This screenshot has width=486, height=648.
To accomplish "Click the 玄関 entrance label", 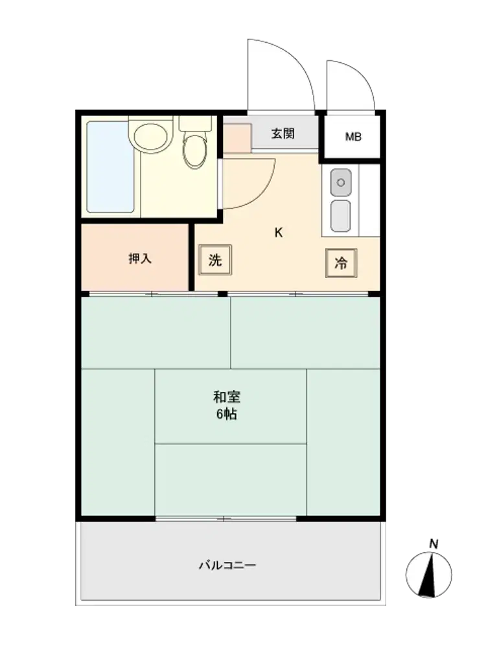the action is (283, 133).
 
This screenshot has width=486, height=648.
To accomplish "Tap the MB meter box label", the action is (353, 137).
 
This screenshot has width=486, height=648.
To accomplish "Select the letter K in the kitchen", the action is (279, 233).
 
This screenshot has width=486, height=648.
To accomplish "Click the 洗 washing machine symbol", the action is (215, 260).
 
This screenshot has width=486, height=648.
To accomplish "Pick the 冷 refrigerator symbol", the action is (341, 263).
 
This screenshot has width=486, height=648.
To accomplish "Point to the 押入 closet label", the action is (140, 259).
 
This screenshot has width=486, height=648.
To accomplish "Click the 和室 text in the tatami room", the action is (227, 397).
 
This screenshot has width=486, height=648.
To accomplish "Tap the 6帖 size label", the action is (226, 414).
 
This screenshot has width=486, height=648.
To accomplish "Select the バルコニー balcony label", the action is (227, 565).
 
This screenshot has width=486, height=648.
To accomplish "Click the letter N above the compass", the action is (434, 544).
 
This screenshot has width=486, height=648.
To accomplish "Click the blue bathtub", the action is (111, 167).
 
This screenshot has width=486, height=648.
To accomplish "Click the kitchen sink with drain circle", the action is (341, 183).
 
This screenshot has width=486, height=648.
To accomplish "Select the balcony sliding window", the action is (226, 518).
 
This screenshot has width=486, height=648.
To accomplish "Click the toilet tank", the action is (195, 124).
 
